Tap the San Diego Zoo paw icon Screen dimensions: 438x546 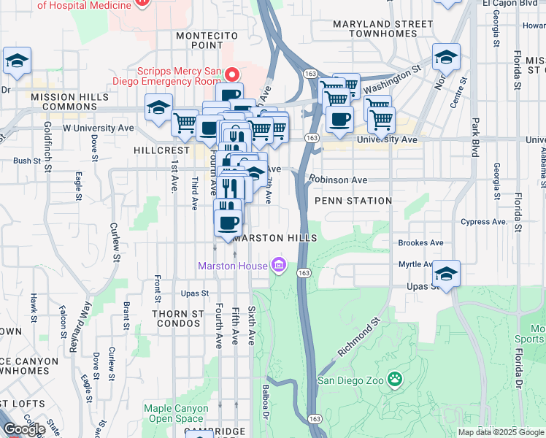pos(395,379)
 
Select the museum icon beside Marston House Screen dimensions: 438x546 pos(279,265)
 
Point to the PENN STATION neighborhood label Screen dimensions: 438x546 pos(353,200)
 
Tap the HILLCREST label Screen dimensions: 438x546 pos(161,148)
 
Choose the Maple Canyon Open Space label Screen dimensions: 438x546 pos(174,413)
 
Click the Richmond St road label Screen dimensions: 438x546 pos(360,337)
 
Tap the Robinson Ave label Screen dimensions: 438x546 pos(337,178)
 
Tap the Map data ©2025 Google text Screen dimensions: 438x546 pos(500,432)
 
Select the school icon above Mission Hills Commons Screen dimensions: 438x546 pos(17,61)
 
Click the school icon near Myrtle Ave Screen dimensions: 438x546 pos(446,274)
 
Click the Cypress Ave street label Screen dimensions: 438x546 pos(482,221)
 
